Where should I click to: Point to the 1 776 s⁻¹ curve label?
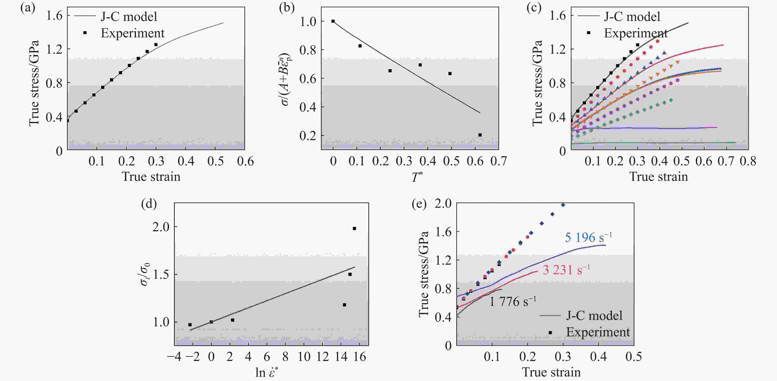pos(512,302)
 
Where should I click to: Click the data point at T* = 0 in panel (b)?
pos(333,21)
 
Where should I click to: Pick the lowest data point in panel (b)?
pos(480,135)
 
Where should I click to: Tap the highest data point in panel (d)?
pos(354,228)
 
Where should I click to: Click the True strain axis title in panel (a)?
pos(151,177)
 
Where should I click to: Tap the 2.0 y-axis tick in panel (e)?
pos(443,204)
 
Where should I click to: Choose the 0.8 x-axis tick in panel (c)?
pos(748,161)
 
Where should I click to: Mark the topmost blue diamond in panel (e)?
pos(563,205)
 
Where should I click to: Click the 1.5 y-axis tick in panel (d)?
pos(161,274)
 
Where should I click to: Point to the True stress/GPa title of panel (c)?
pos(537,83)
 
